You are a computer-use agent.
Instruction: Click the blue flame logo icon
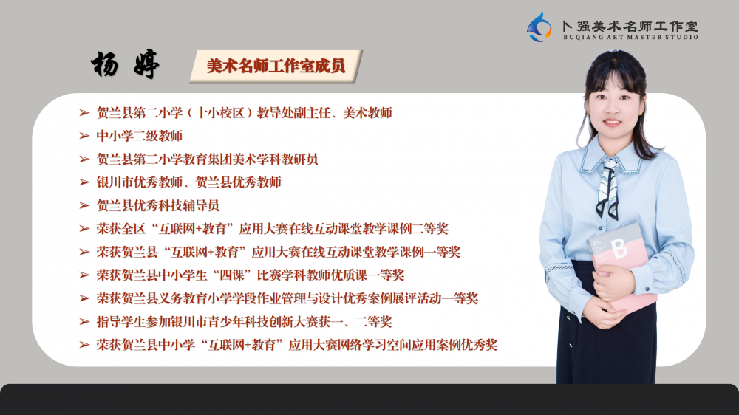tap(539, 27)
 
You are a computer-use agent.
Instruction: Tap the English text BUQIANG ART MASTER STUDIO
tap(630, 37)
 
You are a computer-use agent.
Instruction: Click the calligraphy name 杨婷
tap(126, 64)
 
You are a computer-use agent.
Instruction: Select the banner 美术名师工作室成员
tap(276, 66)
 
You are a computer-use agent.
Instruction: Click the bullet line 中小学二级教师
tap(140, 136)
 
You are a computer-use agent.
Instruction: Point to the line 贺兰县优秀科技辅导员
tap(158, 206)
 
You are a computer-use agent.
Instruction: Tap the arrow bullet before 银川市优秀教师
tap(84, 182)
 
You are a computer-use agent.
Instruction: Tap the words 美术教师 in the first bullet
tap(367, 113)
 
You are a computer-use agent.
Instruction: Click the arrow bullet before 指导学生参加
tap(84, 322)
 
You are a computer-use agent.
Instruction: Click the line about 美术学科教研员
tap(208, 160)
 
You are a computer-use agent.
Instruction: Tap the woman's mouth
tap(612, 122)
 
